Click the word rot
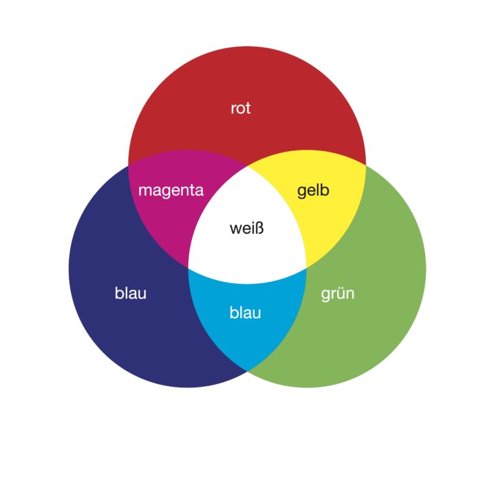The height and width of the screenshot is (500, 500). pos(240,108)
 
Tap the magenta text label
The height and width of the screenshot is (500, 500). pos(171,191)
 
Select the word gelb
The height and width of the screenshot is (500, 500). pos(313,191)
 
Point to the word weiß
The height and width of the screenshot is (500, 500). pos(247,229)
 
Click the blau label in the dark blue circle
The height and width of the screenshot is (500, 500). pos(130,294)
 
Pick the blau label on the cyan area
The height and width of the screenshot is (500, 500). pos(245,313)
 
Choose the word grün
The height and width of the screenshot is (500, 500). pos(337,294)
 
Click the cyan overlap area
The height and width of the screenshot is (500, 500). pos(247,339)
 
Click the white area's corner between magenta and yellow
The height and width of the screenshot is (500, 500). pos(247,165)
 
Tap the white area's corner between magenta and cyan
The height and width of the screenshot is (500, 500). pos(188,268)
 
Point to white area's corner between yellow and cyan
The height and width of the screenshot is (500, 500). pos(307,268)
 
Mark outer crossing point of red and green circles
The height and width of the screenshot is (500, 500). pos(366,165)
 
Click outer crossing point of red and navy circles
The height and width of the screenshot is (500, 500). pos(128,165)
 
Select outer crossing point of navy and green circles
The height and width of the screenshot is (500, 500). pos(247,371)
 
